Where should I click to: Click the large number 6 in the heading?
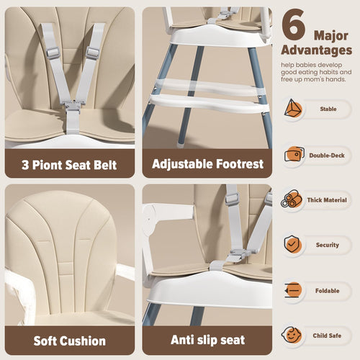(293, 24)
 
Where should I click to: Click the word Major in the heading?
(331, 36)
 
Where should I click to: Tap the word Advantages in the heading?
(317, 50)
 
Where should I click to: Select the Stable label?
(328, 109)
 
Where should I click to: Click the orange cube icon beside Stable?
(293, 109)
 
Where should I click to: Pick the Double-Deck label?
(327, 156)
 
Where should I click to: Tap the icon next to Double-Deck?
(294, 154)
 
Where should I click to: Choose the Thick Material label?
(327, 200)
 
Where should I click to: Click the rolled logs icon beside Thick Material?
(292, 199)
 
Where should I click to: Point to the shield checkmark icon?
(292, 244)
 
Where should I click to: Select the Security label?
(328, 245)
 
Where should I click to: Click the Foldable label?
(327, 291)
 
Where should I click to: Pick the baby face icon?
(292, 335)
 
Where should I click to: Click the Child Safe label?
(327, 336)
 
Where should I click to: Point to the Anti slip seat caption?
(208, 340)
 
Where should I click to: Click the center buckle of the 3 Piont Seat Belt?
(73, 105)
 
